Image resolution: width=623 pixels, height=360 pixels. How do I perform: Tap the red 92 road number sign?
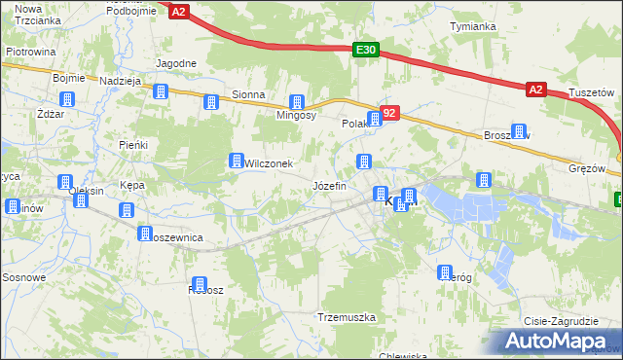pyautogui.click(x=389, y=115)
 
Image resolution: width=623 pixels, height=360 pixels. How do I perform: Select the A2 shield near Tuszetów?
pyautogui.click(x=536, y=90)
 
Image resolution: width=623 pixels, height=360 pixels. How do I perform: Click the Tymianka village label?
pyautogui.click(x=473, y=26)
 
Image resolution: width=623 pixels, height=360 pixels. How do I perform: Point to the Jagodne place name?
pyautogui.click(x=176, y=63)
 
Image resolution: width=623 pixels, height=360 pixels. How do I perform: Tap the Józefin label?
pyautogui.click(x=329, y=185)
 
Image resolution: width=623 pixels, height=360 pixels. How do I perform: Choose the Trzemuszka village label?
pyautogui.click(x=347, y=318)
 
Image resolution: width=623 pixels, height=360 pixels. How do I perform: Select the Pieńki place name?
pyautogui.click(x=132, y=145)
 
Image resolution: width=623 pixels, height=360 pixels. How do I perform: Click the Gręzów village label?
pyautogui.click(x=587, y=167)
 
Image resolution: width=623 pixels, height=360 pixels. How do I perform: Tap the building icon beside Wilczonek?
pyautogui.click(x=236, y=161)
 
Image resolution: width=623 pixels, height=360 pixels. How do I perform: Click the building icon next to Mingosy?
pyautogui.click(x=297, y=102)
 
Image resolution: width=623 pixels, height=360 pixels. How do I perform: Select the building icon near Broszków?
pyautogui.click(x=519, y=131)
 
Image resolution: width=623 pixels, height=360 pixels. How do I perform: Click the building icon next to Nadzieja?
pyautogui.click(x=161, y=91)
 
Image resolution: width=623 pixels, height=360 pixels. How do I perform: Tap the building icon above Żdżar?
pyautogui.click(x=67, y=99)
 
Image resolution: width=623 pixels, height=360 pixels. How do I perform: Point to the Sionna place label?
pyautogui.click(x=248, y=95)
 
